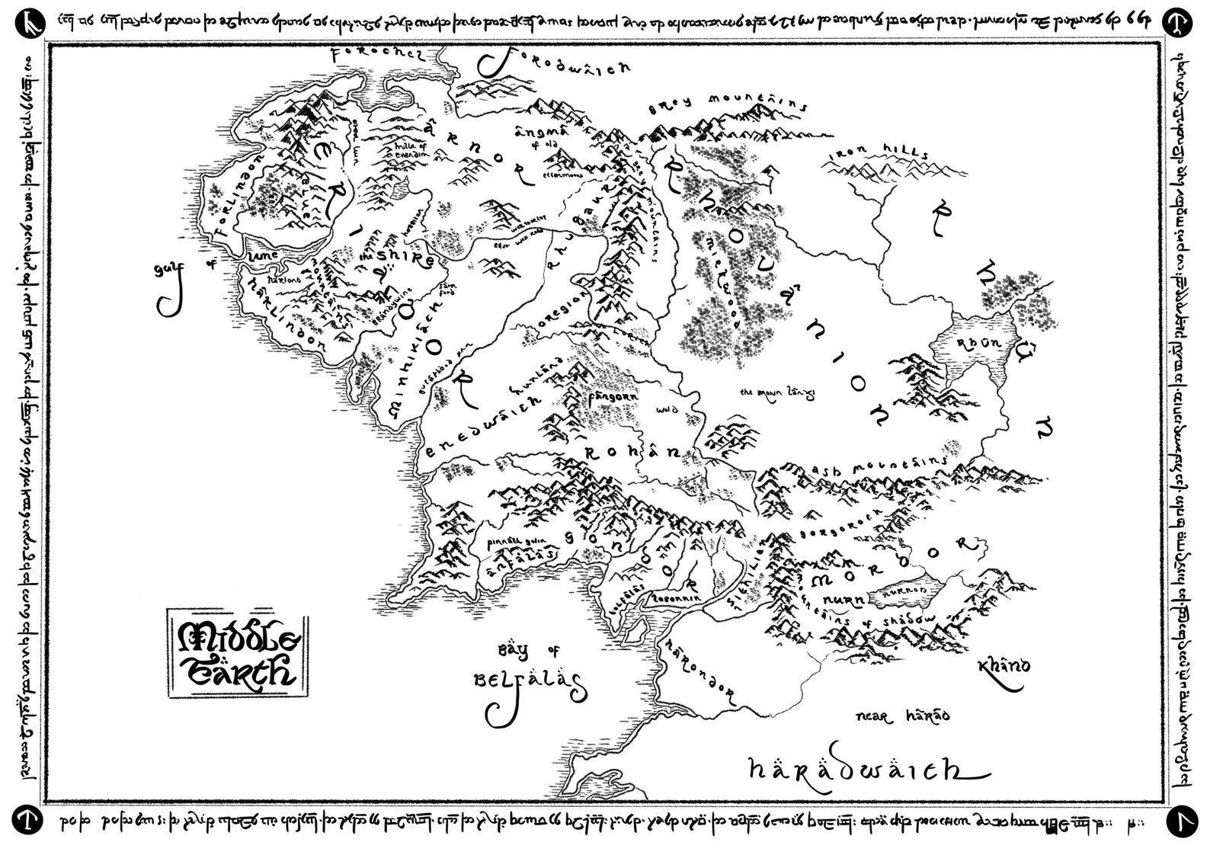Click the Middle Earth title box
pyautogui.click(x=237, y=652)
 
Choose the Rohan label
pyautogui.click(x=632, y=452)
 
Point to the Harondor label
pyautogui.click(x=699, y=671)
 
